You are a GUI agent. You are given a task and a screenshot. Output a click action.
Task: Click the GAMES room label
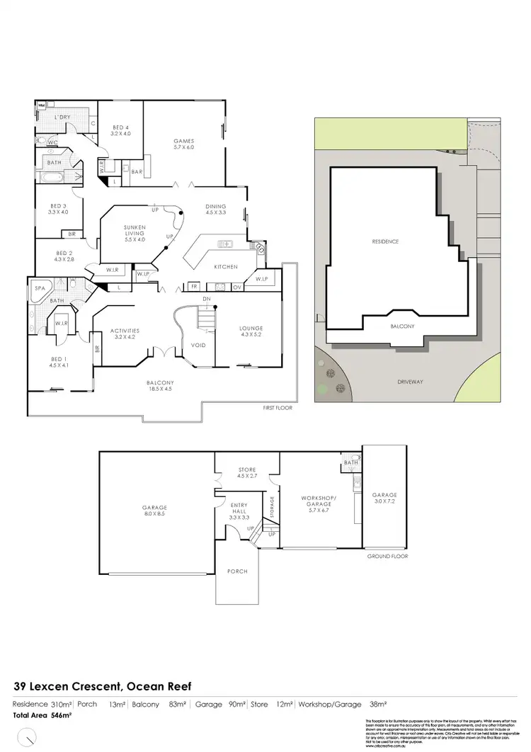(x=183, y=141)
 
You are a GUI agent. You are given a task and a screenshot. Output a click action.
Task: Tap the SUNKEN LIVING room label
(x=135, y=230)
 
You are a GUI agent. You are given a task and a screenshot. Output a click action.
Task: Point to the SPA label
(x=40, y=288)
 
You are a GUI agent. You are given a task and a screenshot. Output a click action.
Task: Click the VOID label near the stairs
(x=198, y=346)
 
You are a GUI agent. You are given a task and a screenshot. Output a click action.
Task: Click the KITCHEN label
(x=225, y=266)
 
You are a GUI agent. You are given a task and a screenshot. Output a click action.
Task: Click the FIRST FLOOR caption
(x=278, y=408)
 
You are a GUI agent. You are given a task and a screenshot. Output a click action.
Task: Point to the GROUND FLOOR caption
(x=387, y=557)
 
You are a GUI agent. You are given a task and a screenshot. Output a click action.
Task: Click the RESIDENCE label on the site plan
(x=386, y=241)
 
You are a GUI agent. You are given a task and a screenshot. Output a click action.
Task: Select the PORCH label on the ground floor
(x=237, y=571)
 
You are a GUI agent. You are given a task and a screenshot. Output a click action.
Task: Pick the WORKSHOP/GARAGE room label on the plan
(x=316, y=499)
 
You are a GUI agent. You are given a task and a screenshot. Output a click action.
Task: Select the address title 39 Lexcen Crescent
(x=103, y=686)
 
